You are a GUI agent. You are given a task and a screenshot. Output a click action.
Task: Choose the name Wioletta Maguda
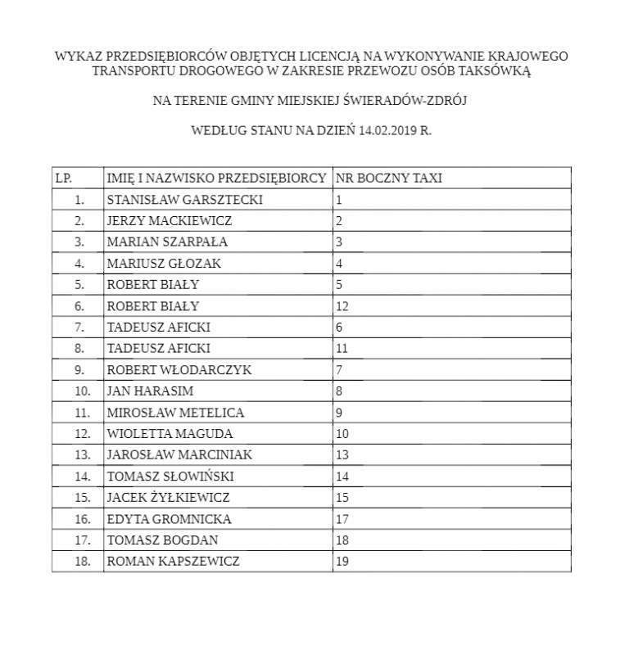(x=170, y=433)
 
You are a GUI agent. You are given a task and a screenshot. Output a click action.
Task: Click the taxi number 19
(x=342, y=561)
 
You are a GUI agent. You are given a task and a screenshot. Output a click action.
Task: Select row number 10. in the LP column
(x=82, y=391)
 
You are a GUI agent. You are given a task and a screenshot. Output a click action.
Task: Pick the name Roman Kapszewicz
(x=174, y=561)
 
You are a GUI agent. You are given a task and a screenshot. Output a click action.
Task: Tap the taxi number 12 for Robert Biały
(x=342, y=305)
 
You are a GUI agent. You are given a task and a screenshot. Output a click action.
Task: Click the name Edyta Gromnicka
(x=169, y=518)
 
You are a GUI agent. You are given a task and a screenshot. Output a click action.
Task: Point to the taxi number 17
(x=342, y=518)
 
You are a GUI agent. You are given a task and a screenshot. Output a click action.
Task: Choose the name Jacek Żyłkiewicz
(x=168, y=497)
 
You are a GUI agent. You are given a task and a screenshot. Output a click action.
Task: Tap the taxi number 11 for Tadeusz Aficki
(x=342, y=348)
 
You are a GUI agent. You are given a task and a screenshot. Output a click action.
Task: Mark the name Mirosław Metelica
(x=175, y=412)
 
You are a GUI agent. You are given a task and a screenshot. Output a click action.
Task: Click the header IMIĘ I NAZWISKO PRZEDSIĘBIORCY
(x=216, y=178)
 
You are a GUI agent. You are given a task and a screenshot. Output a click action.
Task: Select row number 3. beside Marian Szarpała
(x=79, y=242)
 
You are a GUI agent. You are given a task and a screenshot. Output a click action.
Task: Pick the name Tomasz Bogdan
(x=162, y=540)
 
